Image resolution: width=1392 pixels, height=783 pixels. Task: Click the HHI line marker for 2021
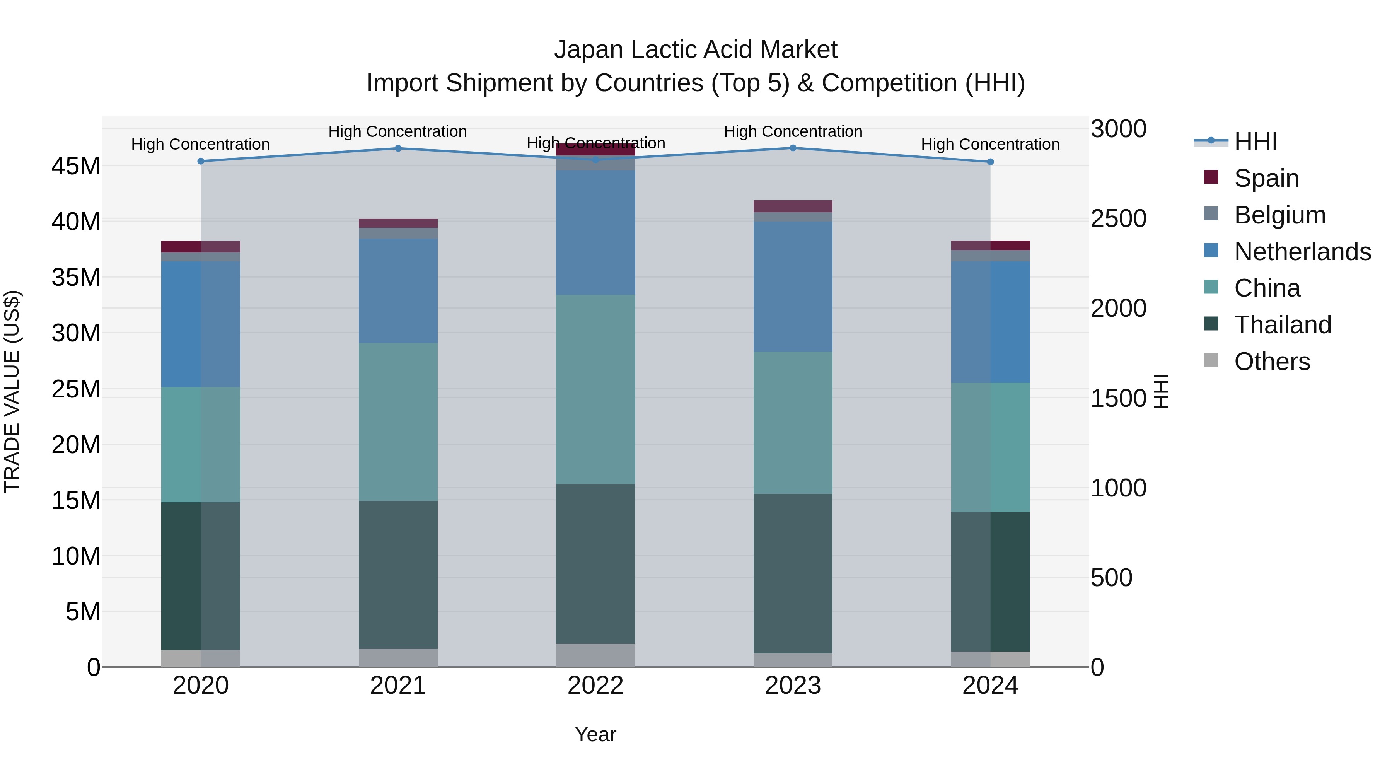tap(398, 148)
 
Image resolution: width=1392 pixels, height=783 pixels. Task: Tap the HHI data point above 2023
tap(793, 148)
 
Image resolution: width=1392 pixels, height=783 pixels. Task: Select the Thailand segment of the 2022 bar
tap(595, 564)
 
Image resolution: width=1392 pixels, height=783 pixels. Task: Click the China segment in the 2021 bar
tap(398, 421)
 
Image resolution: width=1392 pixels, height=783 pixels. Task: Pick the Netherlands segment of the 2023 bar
tap(793, 287)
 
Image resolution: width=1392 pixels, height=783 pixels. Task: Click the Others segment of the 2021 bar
tap(398, 658)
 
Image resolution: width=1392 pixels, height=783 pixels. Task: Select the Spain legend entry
tap(1266, 178)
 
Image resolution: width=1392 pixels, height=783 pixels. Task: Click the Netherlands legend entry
tap(1302, 252)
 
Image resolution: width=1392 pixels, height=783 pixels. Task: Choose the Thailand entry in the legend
tap(1282, 325)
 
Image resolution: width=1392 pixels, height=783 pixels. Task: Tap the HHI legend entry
tap(1255, 142)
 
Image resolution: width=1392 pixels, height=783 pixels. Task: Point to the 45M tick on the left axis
tap(76, 166)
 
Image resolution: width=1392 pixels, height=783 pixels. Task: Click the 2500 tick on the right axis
tap(1118, 219)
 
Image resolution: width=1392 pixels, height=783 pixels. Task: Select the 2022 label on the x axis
tap(595, 686)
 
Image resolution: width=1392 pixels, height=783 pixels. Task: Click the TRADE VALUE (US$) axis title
tap(12, 391)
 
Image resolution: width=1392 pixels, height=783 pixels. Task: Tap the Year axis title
tap(595, 734)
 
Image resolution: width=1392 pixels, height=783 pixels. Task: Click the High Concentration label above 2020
tap(200, 144)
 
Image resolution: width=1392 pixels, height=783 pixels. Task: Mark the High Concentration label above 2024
tap(990, 144)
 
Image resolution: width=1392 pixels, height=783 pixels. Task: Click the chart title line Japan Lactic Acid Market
tap(696, 50)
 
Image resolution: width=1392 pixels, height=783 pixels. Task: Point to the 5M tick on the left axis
tap(83, 612)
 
